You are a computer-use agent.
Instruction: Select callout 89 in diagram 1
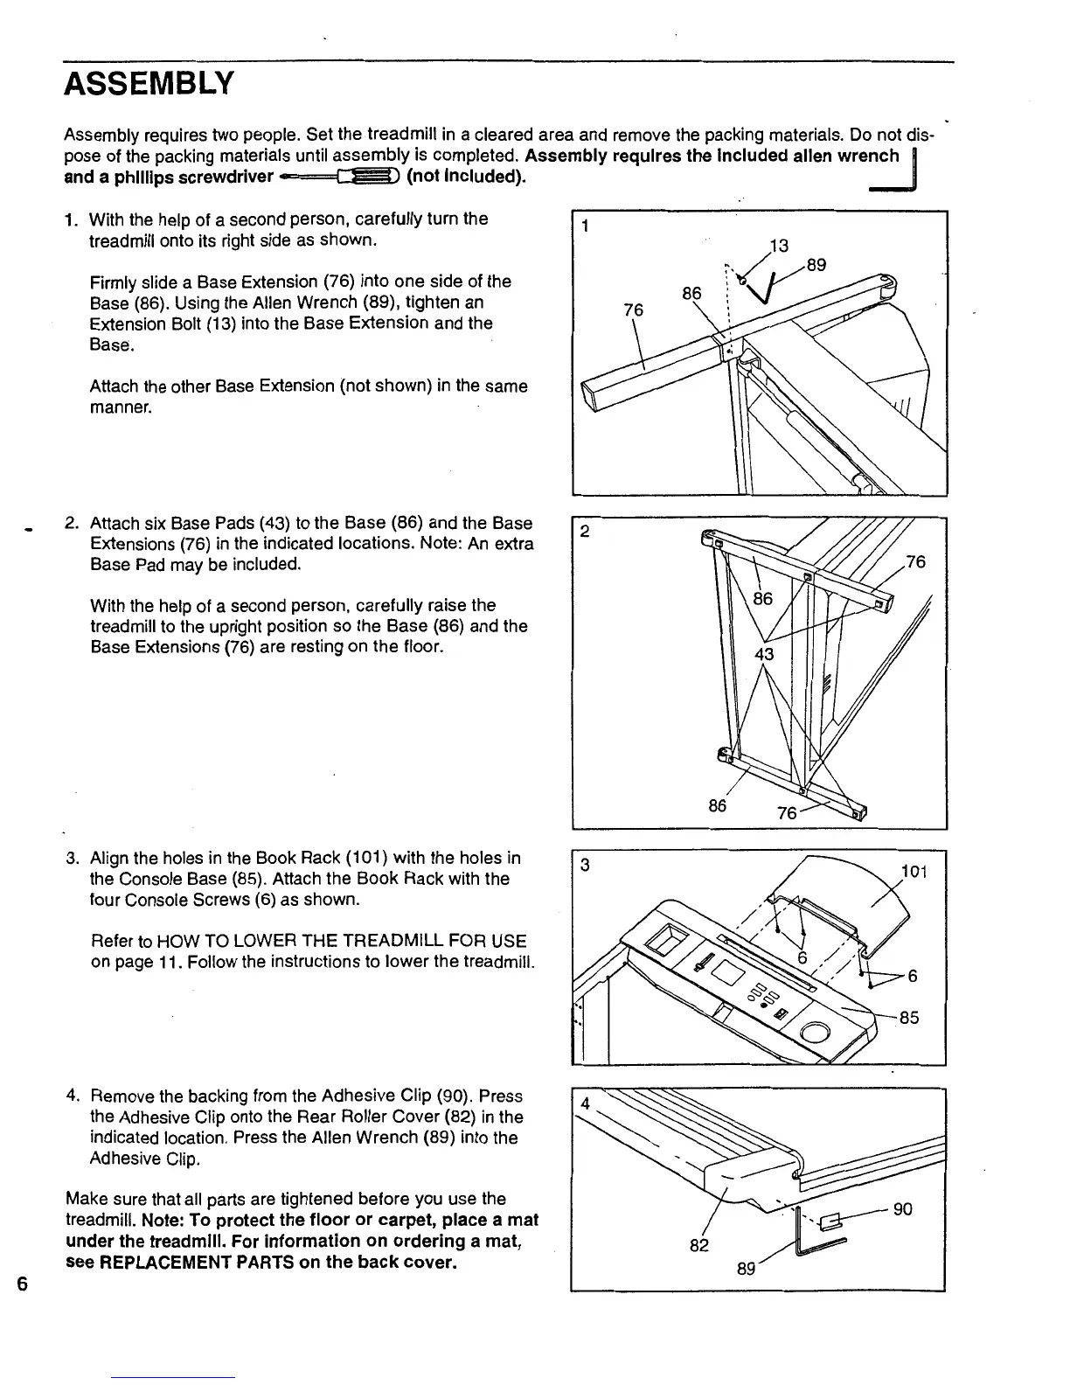coord(816,265)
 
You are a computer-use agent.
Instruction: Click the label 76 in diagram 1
coord(634,310)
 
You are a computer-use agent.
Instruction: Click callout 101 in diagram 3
coord(914,872)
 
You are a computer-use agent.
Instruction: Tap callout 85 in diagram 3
coord(909,1018)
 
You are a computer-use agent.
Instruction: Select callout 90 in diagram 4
coord(903,1209)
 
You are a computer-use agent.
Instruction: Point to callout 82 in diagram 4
coord(698,1245)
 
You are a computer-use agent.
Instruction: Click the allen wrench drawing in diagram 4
coord(813,1235)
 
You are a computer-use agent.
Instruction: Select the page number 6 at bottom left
coord(23,1284)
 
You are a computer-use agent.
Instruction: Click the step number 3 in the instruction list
coord(73,858)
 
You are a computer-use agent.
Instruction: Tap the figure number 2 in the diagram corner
coord(585,532)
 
